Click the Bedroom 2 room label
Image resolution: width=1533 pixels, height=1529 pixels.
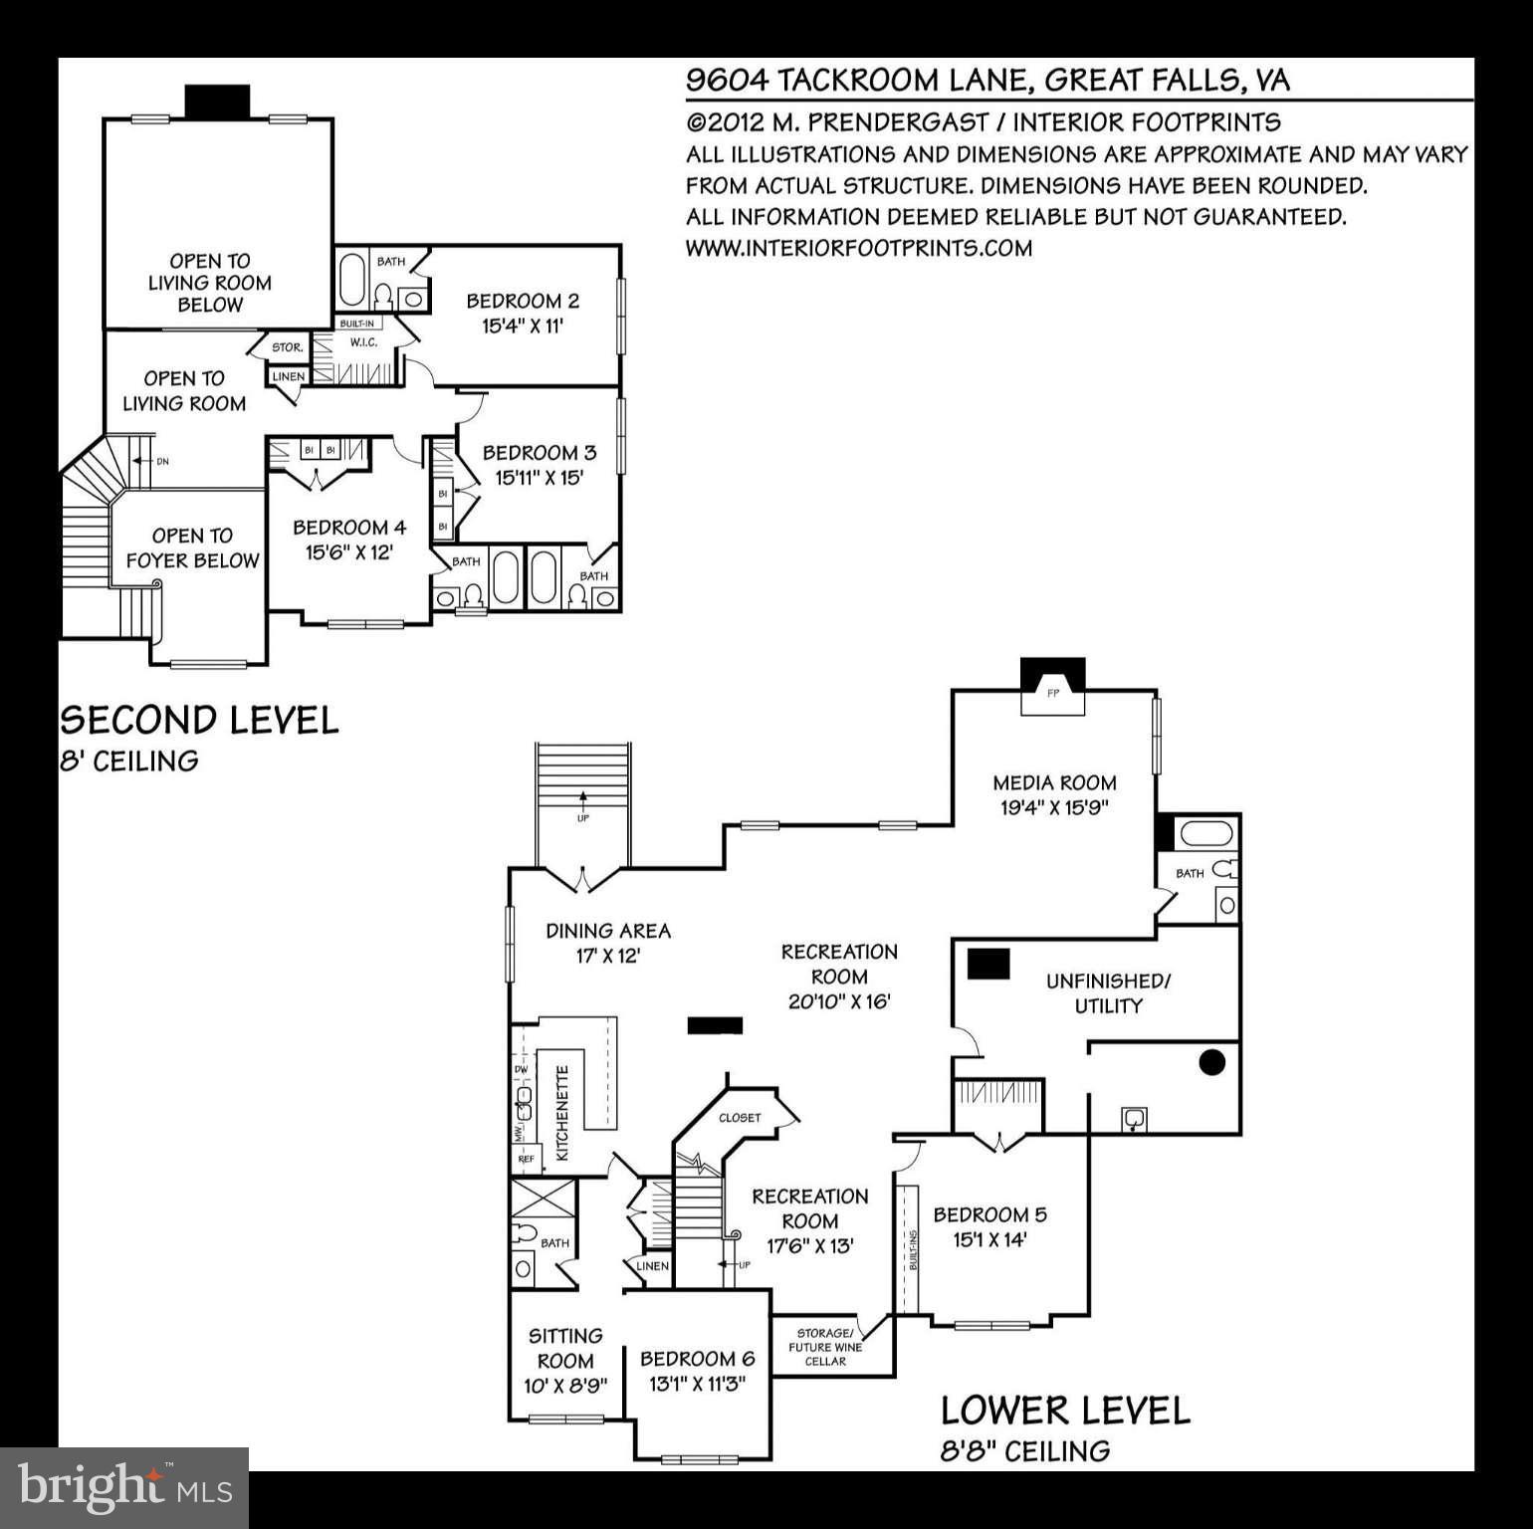pyautogui.click(x=523, y=301)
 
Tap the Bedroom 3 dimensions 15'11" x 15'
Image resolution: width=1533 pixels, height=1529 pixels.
pyautogui.click(x=539, y=478)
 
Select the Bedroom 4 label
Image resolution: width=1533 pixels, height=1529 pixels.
pyautogui.click(x=348, y=528)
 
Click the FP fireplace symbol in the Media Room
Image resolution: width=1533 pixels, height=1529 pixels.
pyautogui.click(x=1053, y=693)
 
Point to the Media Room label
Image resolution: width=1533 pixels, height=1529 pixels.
pyautogui.click(x=1054, y=783)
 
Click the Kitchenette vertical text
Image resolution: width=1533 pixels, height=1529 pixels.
pyautogui.click(x=562, y=1113)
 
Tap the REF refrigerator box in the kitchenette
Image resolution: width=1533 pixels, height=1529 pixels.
pyautogui.click(x=525, y=1159)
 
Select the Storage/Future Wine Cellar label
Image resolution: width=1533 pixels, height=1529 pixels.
pyautogui.click(x=824, y=1347)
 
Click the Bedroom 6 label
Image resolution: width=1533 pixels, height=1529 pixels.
pyautogui.click(x=697, y=1359)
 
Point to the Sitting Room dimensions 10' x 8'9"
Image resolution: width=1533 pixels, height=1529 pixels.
pyautogui.click(x=565, y=1386)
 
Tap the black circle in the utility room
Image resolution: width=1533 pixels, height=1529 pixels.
pyautogui.click(x=1210, y=1062)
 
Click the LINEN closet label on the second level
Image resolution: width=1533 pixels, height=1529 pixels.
pyautogui.click(x=289, y=377)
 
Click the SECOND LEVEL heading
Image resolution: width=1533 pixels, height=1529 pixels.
pyautogui.click(x=199, y=720)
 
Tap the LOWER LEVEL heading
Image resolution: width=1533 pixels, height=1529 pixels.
pyautogui.click(x=1065, y=1411)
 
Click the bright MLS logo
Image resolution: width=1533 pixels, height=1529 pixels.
pyautogui.click(x=124, y=1488)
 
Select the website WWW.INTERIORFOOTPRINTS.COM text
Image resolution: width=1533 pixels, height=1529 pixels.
pyautogui.click(x=858, y=248)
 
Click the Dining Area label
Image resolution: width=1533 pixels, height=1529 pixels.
pyautogui.click(x=608, y=931)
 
